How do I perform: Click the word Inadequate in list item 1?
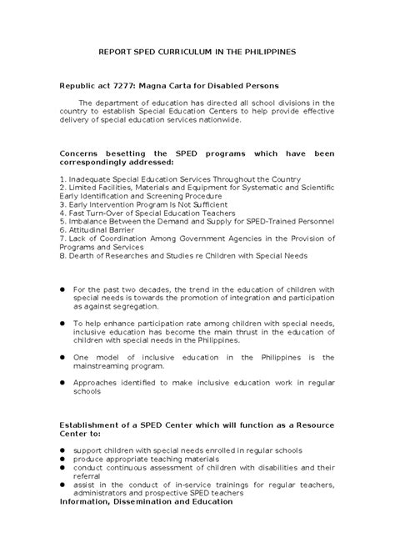(x=89, y=179)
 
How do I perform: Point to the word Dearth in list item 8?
(x=81, y=256)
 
